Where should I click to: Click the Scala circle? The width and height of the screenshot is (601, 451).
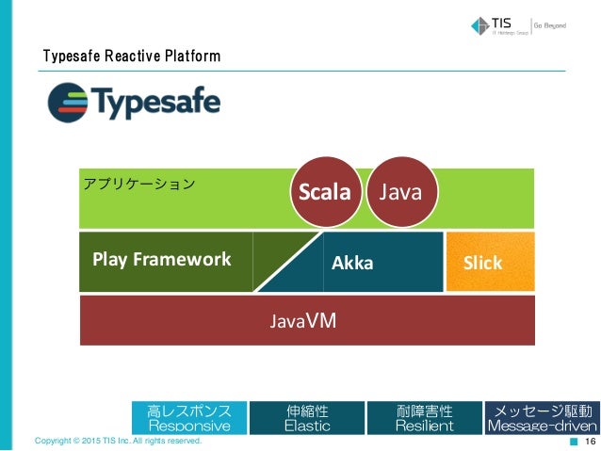click(x=325, y=193)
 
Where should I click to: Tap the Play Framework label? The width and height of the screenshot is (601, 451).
click(x=161, y=259)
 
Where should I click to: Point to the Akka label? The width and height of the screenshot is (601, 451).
click(x=352, y=264)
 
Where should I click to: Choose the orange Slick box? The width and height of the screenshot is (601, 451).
click(x=482, y=263)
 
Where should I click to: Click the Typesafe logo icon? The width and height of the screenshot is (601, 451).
click(x=67, y=102)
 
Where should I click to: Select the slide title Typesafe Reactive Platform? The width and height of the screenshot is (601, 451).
click(x=132, y=56)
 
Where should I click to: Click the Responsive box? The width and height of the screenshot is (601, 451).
click(x=189, y=418)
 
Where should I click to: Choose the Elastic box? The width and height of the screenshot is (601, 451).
click(x=307, y=418)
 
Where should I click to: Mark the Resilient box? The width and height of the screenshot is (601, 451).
click(x=424, y=418)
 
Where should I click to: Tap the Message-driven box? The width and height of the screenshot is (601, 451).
click(x=541, y=418)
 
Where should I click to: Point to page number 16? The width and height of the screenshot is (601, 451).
click(x=591, y=441)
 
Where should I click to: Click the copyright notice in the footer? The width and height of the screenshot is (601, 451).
click(x=117, y=441)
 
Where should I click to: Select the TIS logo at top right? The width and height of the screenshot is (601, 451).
click(x=498, y=26)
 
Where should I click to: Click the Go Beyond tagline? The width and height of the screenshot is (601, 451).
click(x=550, y=26)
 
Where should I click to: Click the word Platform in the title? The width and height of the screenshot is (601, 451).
click(x=194, y=56)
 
